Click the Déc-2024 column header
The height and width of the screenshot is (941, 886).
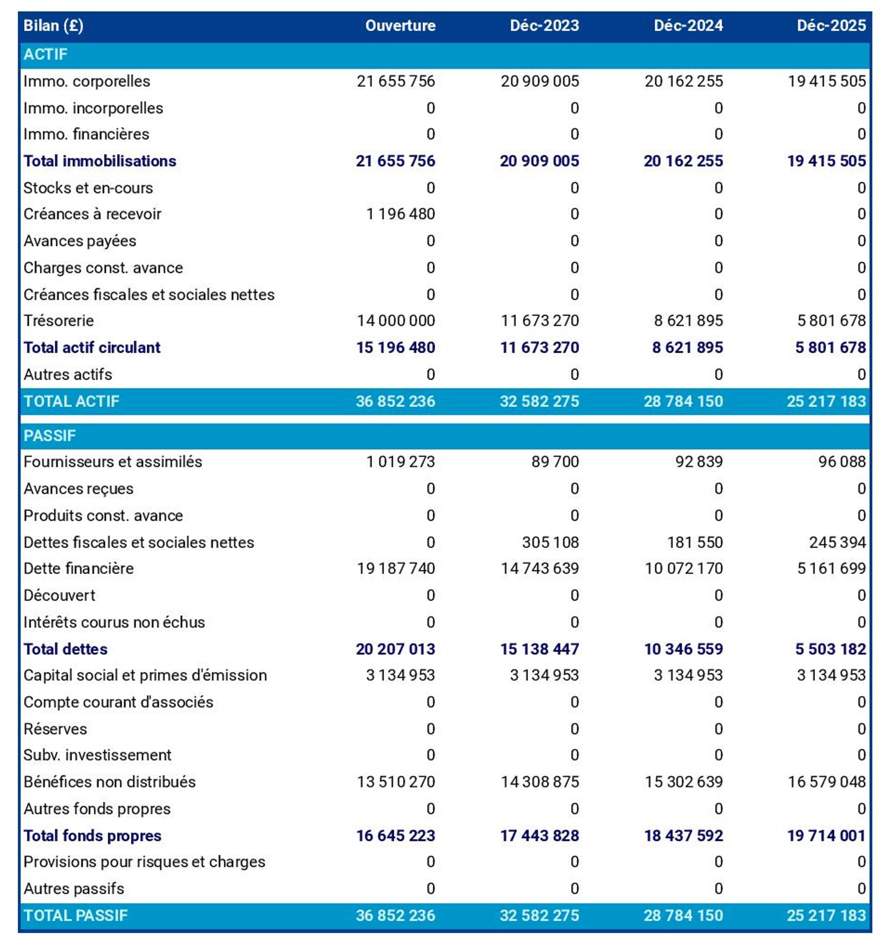coord(688,26)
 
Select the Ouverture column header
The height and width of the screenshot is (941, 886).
coord(400,26)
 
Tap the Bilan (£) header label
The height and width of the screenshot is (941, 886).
coord(53,26)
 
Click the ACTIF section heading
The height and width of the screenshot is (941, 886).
coord(45,54)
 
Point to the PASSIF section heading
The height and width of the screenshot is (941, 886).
coord(49,435)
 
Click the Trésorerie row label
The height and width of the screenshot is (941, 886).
coord(59,321)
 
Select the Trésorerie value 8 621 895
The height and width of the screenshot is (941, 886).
coord(688,321)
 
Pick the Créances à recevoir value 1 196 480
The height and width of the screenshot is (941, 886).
coord(400,214)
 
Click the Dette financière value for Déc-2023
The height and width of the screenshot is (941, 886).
coord(539,568)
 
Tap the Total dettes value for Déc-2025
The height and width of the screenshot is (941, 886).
coord(830,649)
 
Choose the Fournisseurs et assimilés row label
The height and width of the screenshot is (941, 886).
coord(113,461)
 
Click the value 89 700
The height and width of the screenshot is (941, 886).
coord(555,461)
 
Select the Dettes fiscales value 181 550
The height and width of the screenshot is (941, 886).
coord(695,542)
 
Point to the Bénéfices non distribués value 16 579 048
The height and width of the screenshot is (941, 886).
coord(826,782)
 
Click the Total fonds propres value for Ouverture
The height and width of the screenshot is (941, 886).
coord(395,835)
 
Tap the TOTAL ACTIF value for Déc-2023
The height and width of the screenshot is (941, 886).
coord(539,401)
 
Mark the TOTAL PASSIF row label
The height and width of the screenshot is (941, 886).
coord(75,915)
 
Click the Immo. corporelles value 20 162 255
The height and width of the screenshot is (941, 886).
coord(684,81)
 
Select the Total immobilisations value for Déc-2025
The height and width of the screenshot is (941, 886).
coord(826,161)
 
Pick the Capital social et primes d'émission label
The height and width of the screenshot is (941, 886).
coord(145,675)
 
